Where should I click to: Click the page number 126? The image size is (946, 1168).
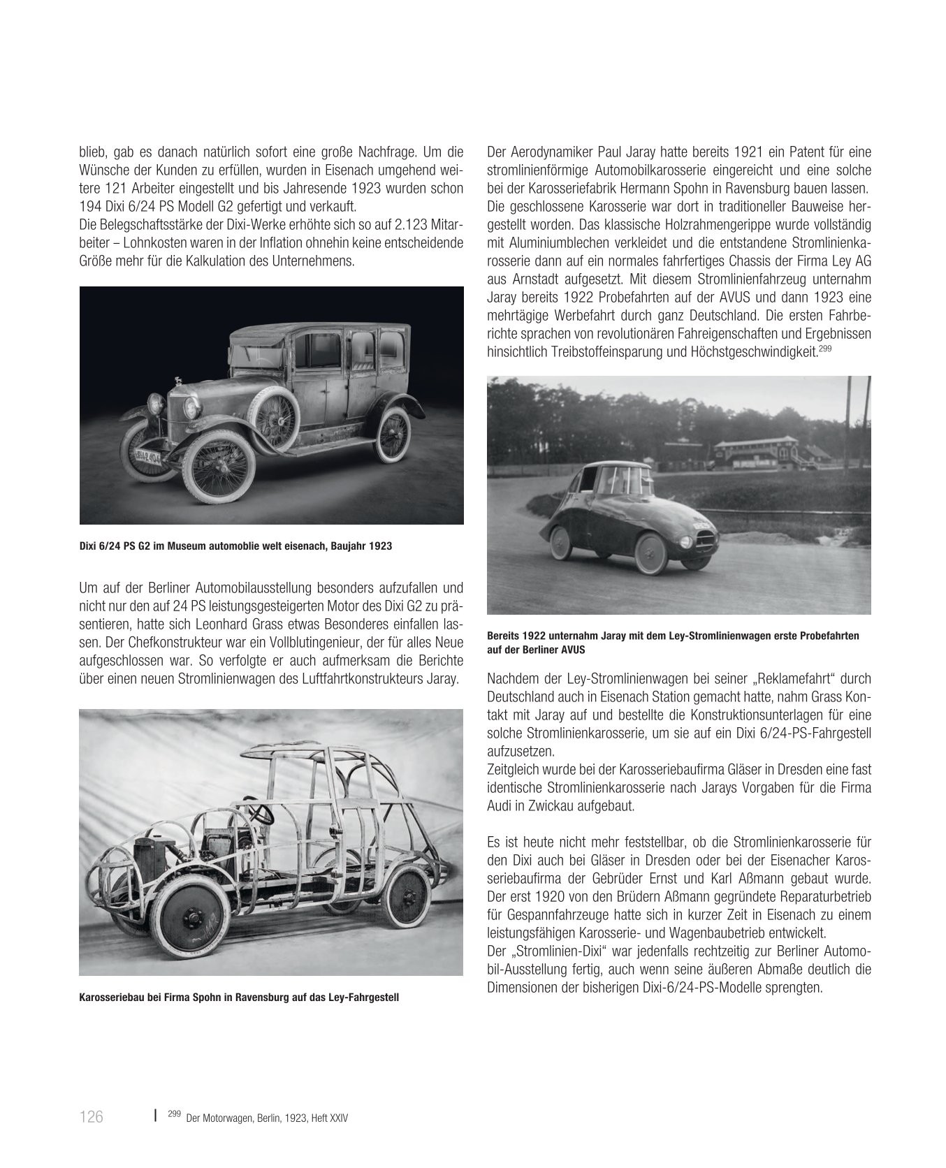pos(92,1117)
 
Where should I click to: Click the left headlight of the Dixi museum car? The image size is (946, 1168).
pos(155,404)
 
